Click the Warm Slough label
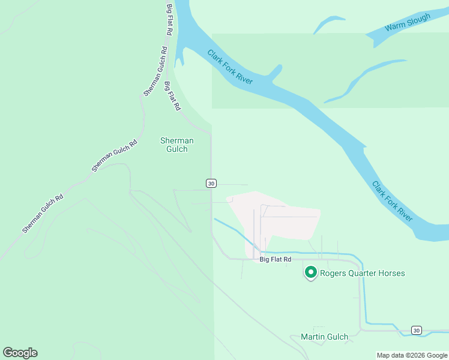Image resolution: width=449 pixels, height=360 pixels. pyautogui.click(x=408, y=23)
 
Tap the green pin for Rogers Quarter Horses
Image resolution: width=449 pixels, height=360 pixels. pyautogui.click(x=311, y=273)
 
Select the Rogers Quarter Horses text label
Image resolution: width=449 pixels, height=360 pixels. pyautogui.click(x=362, y=274)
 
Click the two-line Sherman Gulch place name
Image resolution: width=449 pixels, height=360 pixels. pyautogui.click(x=177, y=145)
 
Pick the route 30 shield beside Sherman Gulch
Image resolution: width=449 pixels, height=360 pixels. pyautogui.click(x=211, y=184)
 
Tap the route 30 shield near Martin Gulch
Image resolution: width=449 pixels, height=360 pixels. pyautogui.click(x=417, y=330)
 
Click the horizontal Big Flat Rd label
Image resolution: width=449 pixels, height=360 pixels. pyautogui.click(x=276, y=259)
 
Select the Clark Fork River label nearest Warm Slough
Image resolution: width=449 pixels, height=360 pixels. pyautogui.click(x=230, y=67)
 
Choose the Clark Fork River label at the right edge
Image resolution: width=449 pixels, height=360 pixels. pyautogui.click(x=392, y=201)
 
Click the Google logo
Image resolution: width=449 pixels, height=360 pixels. pyautogui.click(x=20, y=353)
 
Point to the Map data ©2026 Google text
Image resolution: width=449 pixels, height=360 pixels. pyautogui.click(x=412, y=355)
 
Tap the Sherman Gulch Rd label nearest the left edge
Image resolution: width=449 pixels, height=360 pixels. pyautogui.click(x=43, y=214)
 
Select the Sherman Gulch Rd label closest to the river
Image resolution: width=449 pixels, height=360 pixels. pyautogui.click(x=154, y=71)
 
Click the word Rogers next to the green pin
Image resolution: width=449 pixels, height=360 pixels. pyautogui.click(x=334, y=274)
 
